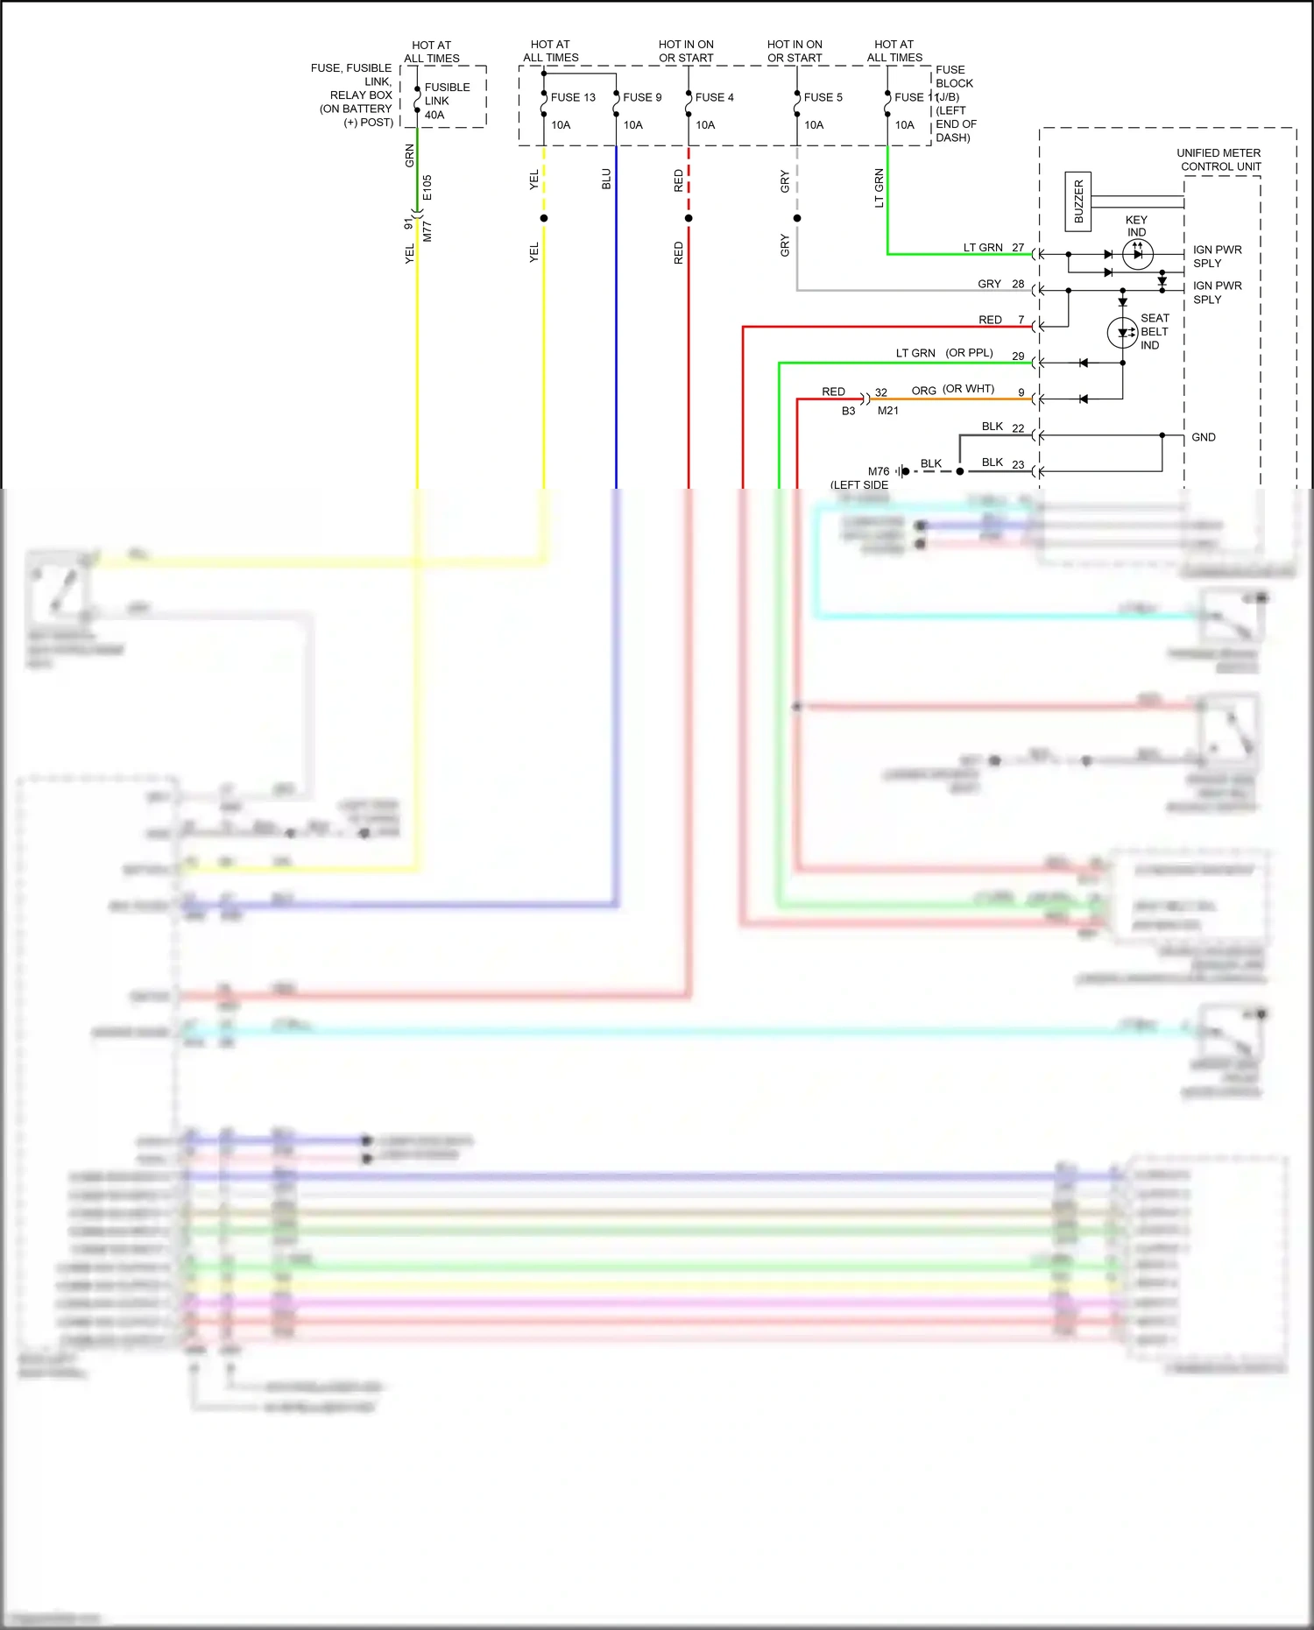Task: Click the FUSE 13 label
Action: click(x=572, y=97)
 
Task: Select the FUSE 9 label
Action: click(x=642, y=97)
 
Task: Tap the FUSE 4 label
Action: click(x=714, y=97)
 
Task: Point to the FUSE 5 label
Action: click(x=823, y=97)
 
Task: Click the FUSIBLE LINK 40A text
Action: click(x=447, y=101)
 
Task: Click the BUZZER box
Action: click(x=1078, y=201)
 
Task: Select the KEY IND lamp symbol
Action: click(x=1137, y=254)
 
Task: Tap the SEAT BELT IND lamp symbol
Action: click(x=1122, y=333)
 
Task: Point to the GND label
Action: click(x=1203, y=437)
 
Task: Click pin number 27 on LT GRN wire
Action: click(x=1017, y=248)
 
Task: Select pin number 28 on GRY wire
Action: click(x=1017, y=284)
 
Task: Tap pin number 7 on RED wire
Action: click(x=1021, y=320)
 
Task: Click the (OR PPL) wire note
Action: click(x=969, y=353)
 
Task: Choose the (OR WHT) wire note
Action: click(x=968, y=389)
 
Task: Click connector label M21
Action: click(x=887, y=411)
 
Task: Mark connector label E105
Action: click(x=427, y=187)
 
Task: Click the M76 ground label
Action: click(x=878, y=471)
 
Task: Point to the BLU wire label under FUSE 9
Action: click(x=606, y=180)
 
